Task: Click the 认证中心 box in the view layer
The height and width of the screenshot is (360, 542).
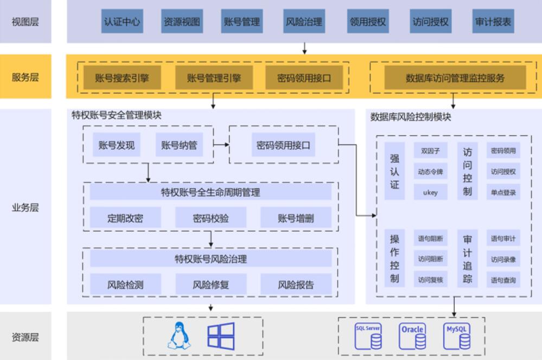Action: pyautogui.click(x=122, y=22)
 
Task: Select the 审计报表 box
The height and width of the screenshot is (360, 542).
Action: pyautogui.click(x=493, y=22)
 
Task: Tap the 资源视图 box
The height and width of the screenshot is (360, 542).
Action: pyautogui.click(x=182, y=22)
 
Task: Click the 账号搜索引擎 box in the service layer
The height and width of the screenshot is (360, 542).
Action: pyautogui.click(x=123, y=78)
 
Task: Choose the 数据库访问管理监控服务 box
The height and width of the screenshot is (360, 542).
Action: pyautogui.click(x=455, y=78)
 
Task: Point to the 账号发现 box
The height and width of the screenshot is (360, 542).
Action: pyautogui.click(x=116, y=145)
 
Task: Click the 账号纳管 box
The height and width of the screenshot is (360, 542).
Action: pyautogui.click(x=179, y=145)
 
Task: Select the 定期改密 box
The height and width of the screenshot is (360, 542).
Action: pyautogui.click(x=125, y=218)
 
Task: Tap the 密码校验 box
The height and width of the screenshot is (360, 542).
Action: pyautogui.click(x=211, y=218)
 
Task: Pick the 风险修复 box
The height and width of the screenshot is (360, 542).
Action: pyautogui.click(x=211, y=285)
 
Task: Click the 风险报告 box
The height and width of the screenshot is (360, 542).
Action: pyautogui.click(x=296, y=285)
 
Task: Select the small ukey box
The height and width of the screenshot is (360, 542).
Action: pyautogui.click(x=430, y=192)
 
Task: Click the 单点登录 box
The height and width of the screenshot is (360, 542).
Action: pyautogui.click(x=503, y=192)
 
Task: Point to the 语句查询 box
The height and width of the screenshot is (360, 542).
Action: pyautogui.click(x=503, y=280)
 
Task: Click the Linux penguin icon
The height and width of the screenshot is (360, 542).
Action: pyautogui.click(x=179, y=335)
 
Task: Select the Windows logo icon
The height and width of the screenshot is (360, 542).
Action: pyautogui.click(x=221, y=336)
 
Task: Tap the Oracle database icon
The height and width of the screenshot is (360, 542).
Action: pyautogui.click(x=412, y=336)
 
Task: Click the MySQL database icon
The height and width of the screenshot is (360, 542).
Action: pyautogui.click(x=457, y=336)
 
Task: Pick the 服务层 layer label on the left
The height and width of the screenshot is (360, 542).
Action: pyautogui.click(x=25, y=77)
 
